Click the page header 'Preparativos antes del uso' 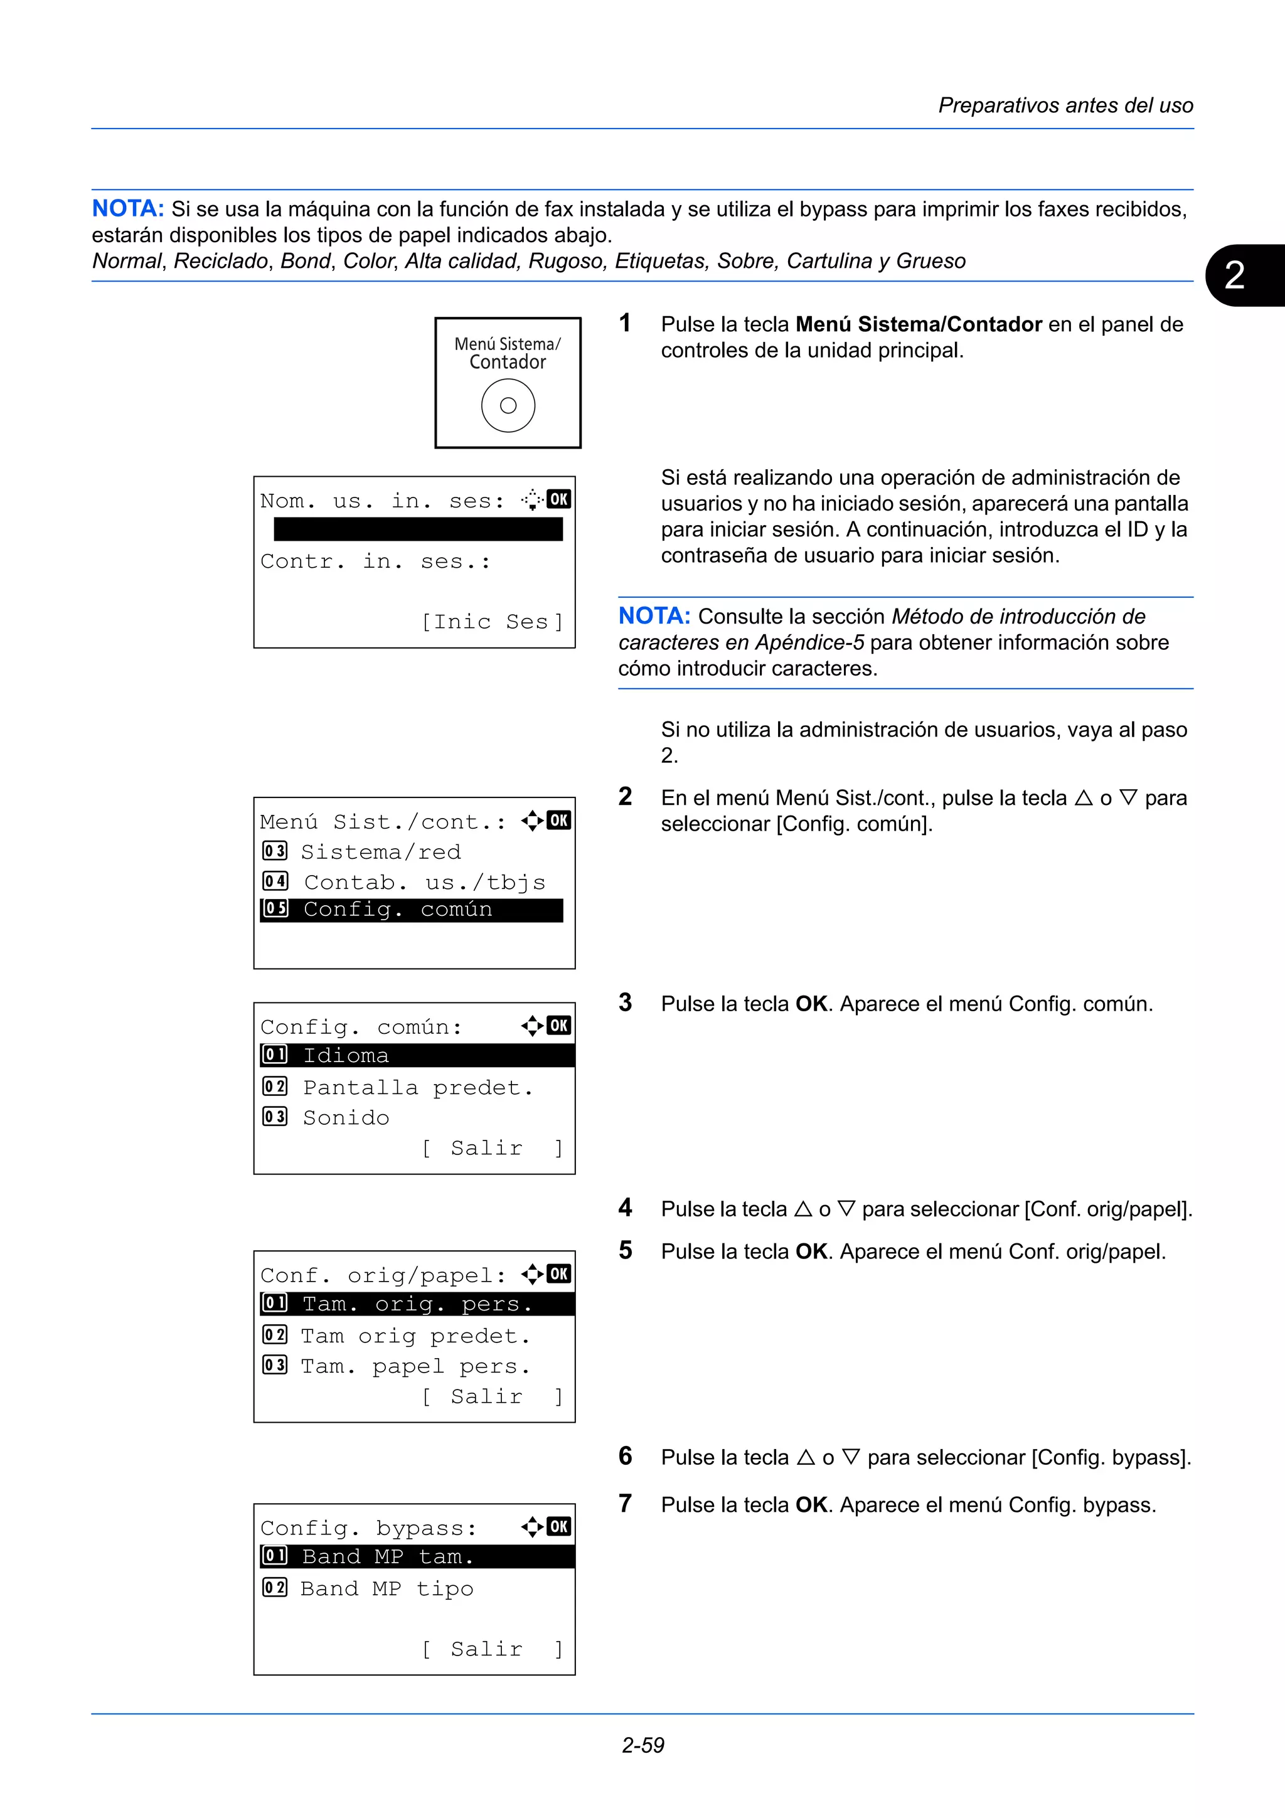pyautogui.click(x=1065, y=105)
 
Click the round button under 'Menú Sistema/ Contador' pyautogui.click(x=508, y=405)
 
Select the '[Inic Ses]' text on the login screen pyautogui.click(x=493, y=622)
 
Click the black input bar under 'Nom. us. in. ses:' pyautogui.click(x=418, y=529)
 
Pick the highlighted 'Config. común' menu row pyautogui.click(x=412, y=910)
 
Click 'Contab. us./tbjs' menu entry pyautogui.click(x=424, y=882)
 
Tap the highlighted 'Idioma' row pyautogui.click(x=417, y=1056)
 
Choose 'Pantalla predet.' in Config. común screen pyautogui.click(x=417, y=1087)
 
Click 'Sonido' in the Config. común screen pyautogui.click(x=346, y=1117)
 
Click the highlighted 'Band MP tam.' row pyautogui.click(x=417, y=1556)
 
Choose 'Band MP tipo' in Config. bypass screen pyautogui.click(x=387, y=1588)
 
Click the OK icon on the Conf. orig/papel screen pyautogui.click(x=559, y=1274)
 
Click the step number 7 pyautogui.click(x=626, y=1503)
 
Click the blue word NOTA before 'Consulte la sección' pyautogui.click(x=654, y=616)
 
